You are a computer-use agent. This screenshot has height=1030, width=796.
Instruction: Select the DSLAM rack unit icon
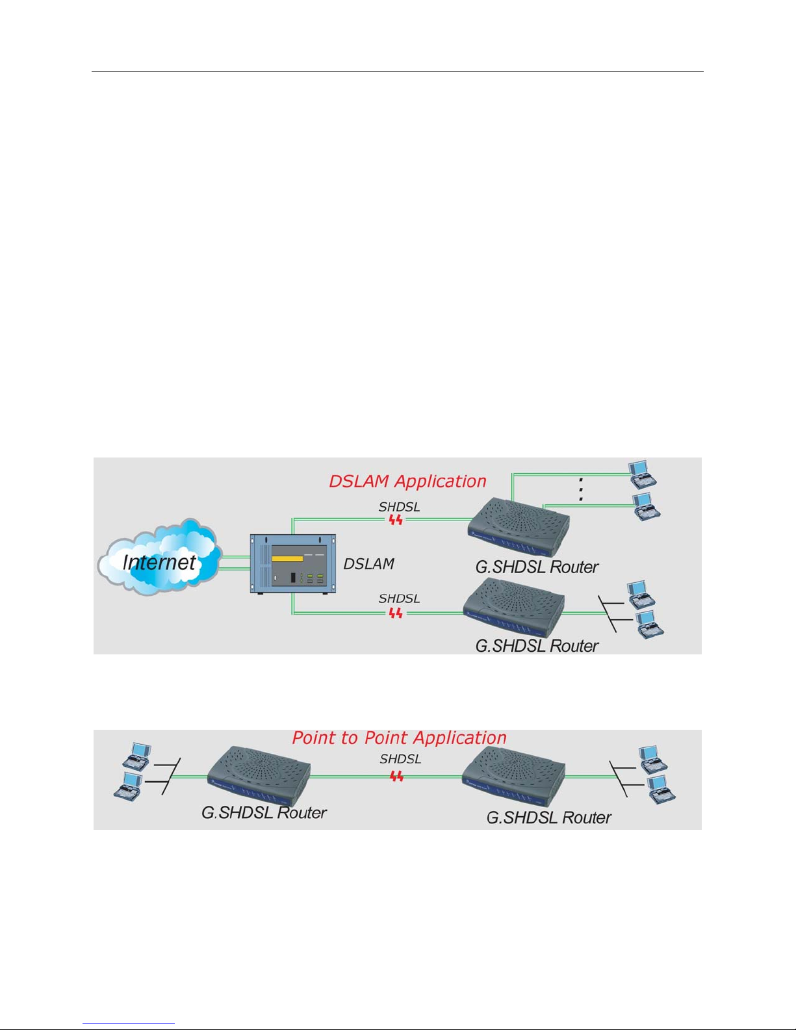[x=293, y=563]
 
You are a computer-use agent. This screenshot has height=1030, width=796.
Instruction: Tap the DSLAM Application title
[x=407, y=482]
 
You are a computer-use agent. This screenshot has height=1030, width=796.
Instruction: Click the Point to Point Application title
[x=399, y=738]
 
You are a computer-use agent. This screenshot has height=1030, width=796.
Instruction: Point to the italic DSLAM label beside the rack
[x=368, y=563]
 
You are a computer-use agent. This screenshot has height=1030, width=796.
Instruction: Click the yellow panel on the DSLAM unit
[x=287, y=559]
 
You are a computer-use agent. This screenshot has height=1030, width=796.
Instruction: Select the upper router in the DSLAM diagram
[x=519, y=526]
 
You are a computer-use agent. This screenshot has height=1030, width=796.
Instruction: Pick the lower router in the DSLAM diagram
[x=514, y=607]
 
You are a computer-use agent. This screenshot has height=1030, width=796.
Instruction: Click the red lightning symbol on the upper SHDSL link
[x=396, y=520]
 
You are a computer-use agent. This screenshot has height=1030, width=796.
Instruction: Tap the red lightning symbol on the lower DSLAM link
[x=396, y=613]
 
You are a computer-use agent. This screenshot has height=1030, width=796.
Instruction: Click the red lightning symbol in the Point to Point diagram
[x=396, y=777]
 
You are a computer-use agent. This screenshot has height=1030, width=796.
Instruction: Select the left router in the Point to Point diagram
[x=259, y=776]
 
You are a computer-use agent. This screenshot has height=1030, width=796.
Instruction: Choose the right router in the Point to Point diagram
[x=513, y=777]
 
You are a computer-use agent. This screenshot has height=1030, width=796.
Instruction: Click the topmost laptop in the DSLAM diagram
[x=643, y=474]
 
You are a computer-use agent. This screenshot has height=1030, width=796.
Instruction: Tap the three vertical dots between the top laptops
[x=581, y=489]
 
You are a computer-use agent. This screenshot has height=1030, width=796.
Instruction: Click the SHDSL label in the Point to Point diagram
[x=400, y=759]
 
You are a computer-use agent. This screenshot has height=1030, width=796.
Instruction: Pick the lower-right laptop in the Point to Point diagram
[x=661, y=790]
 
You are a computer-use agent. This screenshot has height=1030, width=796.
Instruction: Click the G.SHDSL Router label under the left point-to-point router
[x=264, y=812]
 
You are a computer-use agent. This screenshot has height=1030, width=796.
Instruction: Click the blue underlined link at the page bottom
[x=129, y=1024]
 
